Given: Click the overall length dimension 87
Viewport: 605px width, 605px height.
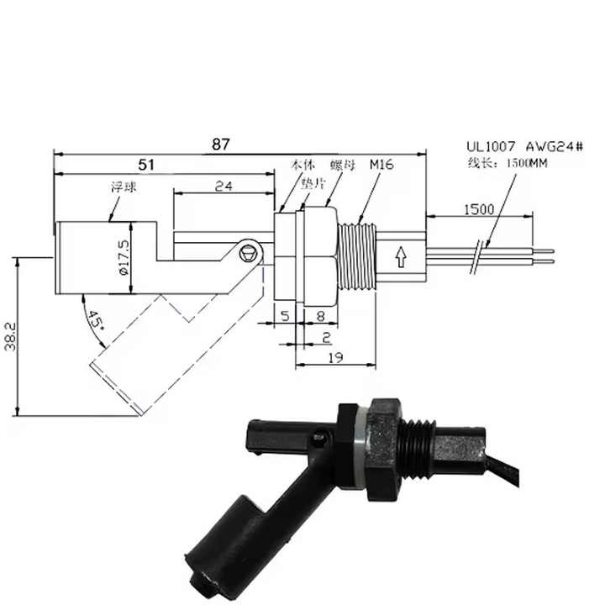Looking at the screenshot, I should [220, 145].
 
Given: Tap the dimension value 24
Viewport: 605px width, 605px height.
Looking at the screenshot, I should [223, 187].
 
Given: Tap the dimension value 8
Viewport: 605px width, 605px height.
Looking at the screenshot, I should [321, 317].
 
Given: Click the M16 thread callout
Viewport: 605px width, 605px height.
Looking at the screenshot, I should [382, 166].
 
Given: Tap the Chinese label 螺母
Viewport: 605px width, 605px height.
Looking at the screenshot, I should [341, 166].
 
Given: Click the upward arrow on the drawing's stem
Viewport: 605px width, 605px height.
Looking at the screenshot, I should [400, 255].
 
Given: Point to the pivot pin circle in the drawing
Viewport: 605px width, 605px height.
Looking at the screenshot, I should [247, 250].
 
